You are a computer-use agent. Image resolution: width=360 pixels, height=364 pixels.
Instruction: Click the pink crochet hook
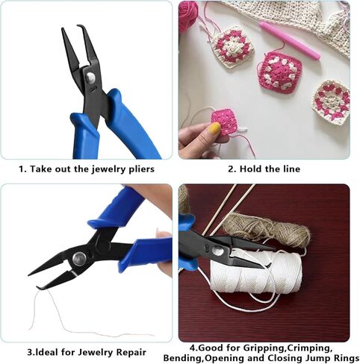(288, 40)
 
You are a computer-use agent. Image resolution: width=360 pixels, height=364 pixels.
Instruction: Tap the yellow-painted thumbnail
(215, 128)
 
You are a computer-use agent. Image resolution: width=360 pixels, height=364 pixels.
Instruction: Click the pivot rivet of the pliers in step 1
(90, 78)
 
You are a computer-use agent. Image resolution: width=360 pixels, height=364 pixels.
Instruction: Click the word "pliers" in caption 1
(139, 169)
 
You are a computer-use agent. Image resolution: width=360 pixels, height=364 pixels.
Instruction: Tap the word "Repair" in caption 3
(128, 351)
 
